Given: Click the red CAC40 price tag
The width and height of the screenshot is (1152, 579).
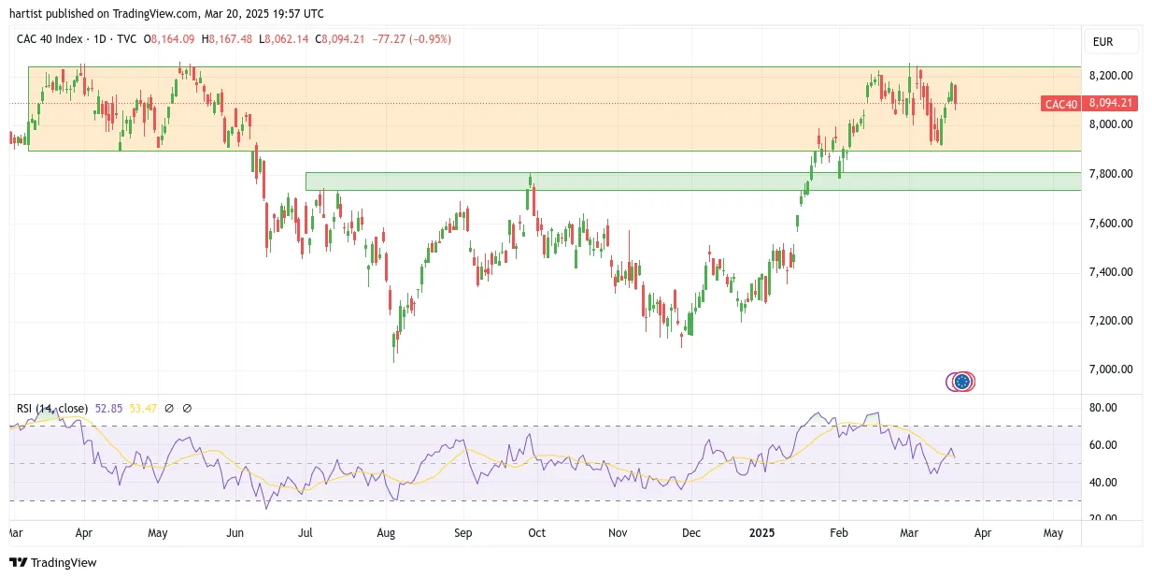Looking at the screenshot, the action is pyautogui.click(x=1060, y=104).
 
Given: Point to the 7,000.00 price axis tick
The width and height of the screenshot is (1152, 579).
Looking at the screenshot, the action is pyautogui.click(x=1111, y=369).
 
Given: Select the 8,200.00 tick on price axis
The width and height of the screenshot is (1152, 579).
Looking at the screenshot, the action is pyautogui.click(x=1111, y=76).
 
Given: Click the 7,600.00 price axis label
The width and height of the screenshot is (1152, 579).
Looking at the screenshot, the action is pyautogui.click(x=1111, y=223).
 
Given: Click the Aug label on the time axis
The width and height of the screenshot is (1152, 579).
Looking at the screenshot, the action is pyautogui.click(x=386, y=532).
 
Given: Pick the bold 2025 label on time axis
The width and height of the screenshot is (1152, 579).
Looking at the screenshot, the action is pyautogui.click(x=761, y=532).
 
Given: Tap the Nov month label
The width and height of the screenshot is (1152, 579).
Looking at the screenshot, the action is pyautogui.click(x=618, y=532).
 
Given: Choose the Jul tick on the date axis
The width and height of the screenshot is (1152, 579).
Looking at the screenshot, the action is pyautogui.click(x=306, y=532).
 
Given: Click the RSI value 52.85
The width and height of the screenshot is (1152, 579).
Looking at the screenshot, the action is pyautogui.click(x=108, y=409).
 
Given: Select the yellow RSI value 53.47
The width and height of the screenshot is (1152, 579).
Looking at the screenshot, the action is pyautogui.click(x=143, y=409).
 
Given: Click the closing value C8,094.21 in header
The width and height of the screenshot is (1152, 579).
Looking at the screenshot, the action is pyautogui.click(x=339, y=39).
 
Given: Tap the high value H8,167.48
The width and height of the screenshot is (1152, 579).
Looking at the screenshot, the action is pyautogui.click(x=227, y=39).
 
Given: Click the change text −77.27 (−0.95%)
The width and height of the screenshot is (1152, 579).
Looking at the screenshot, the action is pyautogui.click(x=411, y=39).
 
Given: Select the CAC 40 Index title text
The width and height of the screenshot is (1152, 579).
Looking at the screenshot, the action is pyautogui.click(x=50, y=39).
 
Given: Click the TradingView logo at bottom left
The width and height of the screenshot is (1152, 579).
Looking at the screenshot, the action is pyautogui.click(x=53, y=562).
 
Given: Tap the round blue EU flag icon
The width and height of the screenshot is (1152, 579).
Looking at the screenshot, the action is pyautogui.click(x=962, y=382).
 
